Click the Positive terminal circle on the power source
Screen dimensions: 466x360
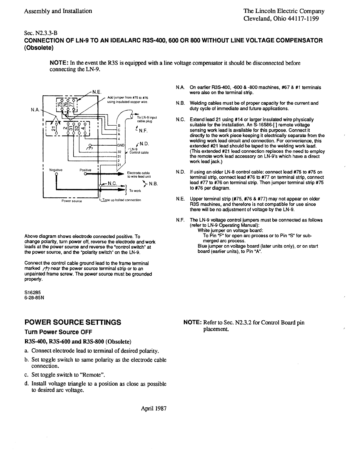(85, 174)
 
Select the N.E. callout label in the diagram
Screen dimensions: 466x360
(97, 91)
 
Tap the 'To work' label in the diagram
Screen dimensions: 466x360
(135, 191)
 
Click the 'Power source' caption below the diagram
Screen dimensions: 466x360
(72, 201)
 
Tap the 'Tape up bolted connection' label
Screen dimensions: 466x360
(121, 200)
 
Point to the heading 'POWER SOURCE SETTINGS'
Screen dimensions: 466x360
(73, 322)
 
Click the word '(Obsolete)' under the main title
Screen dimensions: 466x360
(39, 48)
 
